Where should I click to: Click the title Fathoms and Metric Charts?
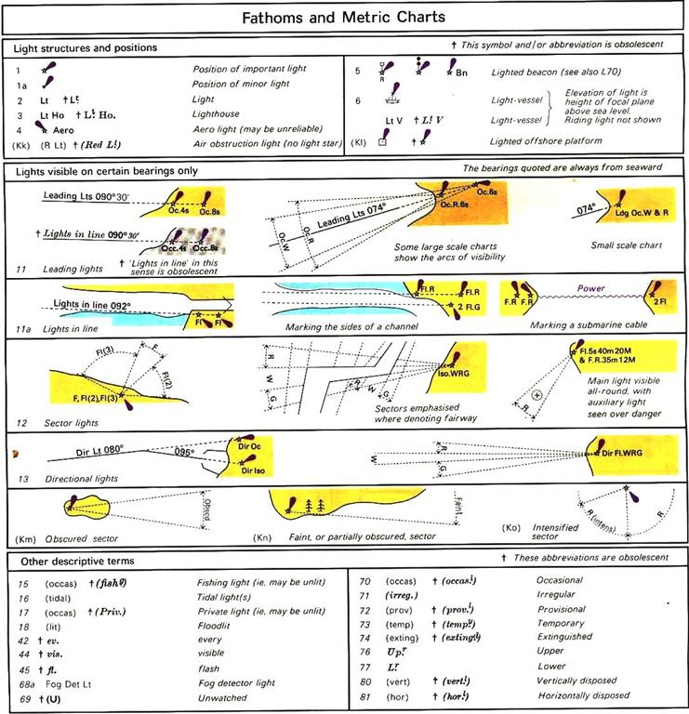344,17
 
